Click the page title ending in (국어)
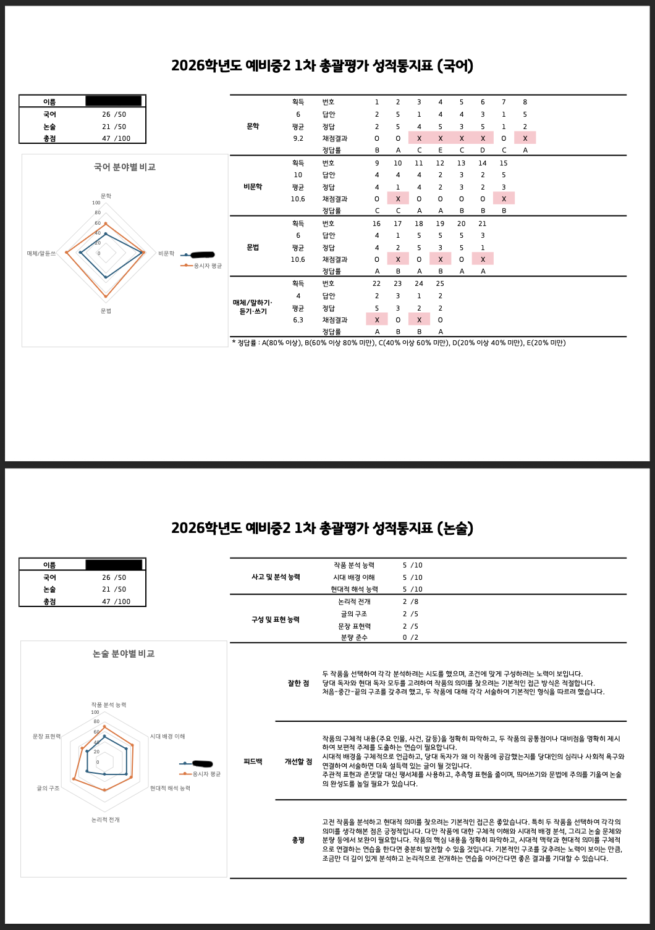click(322, 66)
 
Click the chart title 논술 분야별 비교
click(124, 654)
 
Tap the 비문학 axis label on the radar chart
click(166, 254)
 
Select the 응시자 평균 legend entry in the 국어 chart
click(207, 266)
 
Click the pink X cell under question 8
click(525, 138)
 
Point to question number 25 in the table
click(440, 284)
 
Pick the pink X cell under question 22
click(377, 320)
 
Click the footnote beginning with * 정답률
click(399, 343)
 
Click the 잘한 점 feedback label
click(298, 684)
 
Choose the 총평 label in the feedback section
click(298, 840)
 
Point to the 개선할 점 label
click(298, 762)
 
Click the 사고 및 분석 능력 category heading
click(276, 577)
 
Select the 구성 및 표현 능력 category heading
click(276, 620)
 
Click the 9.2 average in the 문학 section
click(298, 139)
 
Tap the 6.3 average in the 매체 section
click(298, 320)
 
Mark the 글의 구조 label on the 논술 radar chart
click(48, 789)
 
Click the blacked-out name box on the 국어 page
click(113, 101)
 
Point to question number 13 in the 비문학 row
click(461, 164)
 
